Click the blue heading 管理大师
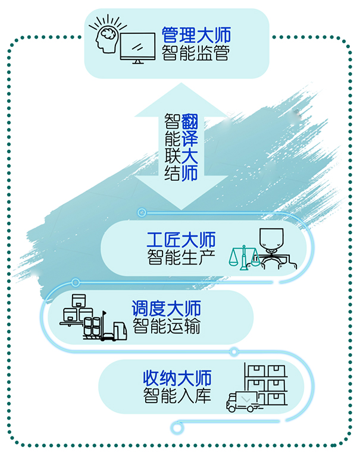(196, 35)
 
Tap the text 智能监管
(196, 53)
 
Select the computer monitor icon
(137, 48)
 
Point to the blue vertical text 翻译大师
(189, 147)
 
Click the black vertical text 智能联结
(173, 147)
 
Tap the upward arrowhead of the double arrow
(181, 100)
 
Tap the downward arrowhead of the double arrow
(181, 193)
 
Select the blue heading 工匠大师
(181, 240)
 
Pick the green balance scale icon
(244, 257)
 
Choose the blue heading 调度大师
(166, 309)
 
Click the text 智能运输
(167, 326)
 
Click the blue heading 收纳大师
(177, 378)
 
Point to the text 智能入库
(177, 395)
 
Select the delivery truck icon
(243, 401)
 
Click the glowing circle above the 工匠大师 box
(142, 213)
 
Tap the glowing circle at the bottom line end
(176, 428)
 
